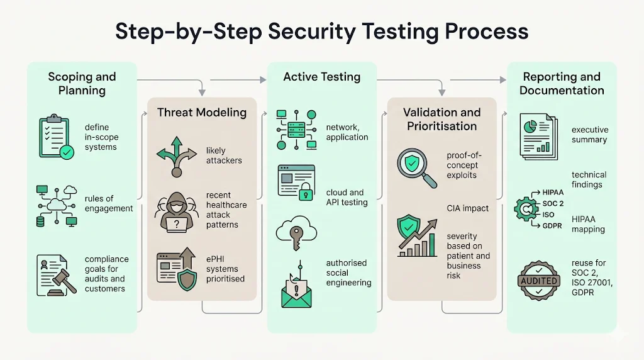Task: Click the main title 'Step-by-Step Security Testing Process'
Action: coord(321,31)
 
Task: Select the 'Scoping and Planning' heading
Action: coord(82,83)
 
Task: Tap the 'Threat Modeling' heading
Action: coord(201,113)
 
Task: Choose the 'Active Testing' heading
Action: coord(321,77)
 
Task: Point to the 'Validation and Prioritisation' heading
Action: coord(441,118)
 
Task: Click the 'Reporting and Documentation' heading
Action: coord(562,83)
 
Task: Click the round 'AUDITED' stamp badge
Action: coord(539,280)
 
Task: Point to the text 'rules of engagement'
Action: coord(108,204)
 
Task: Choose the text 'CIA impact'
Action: coord(467,208)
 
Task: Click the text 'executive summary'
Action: coord(589,135)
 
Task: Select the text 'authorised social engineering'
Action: coord(348,273)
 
